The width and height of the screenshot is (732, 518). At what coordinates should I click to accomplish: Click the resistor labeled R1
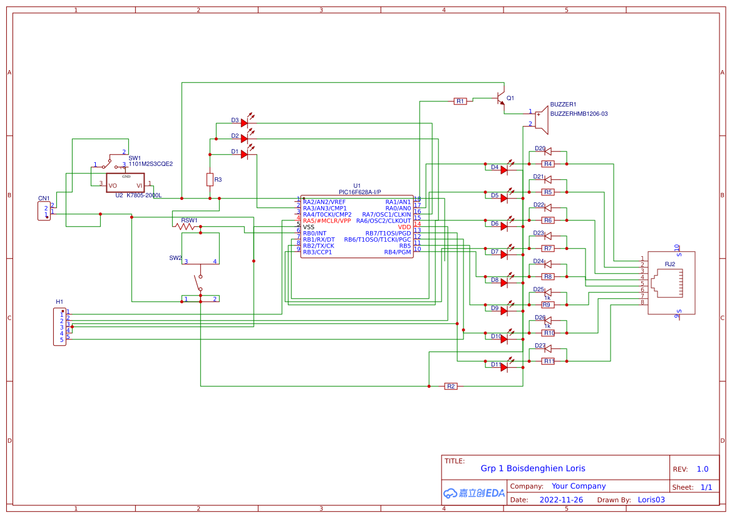(x=460, y=101)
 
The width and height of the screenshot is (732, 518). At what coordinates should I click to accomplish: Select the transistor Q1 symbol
(x=500, y=99)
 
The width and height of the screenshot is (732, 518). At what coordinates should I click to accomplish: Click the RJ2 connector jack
(x=671, y=283)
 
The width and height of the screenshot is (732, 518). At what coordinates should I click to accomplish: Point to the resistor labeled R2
(x=451, y=386)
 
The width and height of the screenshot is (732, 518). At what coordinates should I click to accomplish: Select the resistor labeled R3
(x=210, y=180)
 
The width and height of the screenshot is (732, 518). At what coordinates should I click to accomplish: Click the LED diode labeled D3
(x=244, y=123)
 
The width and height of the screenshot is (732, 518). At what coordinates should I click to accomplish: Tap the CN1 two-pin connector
(x=44, y=211)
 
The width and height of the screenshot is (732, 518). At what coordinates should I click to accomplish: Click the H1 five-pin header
(x=59, y=326)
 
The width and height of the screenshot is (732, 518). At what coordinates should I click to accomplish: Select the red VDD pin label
(x=404, y=227)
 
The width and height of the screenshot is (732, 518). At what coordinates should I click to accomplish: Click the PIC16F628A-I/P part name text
(x=359, y=192)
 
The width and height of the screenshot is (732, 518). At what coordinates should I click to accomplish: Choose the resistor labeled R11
(x=548, y=361)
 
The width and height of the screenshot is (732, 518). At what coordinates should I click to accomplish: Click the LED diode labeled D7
(x=504, y=255)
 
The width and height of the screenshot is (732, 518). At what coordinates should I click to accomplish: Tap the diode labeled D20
(x=547, y=151)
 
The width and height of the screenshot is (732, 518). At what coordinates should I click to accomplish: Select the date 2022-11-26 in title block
(x=561, y=500)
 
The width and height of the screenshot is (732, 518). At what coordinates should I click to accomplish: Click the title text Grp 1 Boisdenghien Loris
(x=533, y=469)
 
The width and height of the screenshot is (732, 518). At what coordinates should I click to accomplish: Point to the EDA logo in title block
(x=474, y=493)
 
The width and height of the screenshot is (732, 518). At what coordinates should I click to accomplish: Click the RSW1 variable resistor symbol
(x=187, y=227)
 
